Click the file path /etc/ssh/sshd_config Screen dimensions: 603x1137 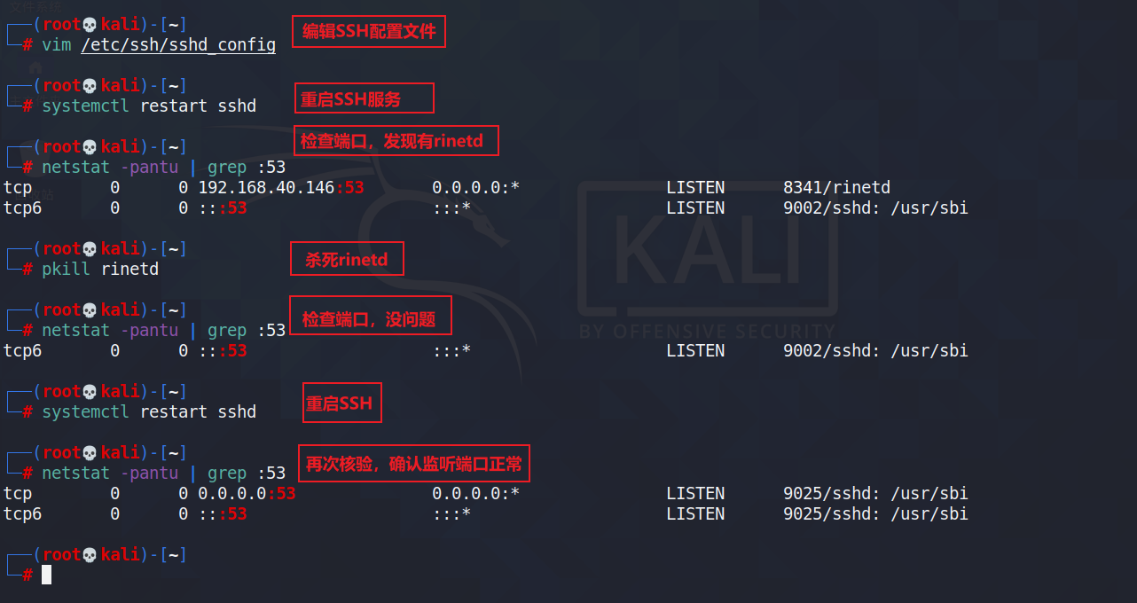coord(177,44)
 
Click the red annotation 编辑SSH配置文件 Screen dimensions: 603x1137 coord(368,32)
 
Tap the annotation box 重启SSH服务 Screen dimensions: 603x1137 coord(364,98)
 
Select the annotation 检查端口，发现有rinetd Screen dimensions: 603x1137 coord(396,140)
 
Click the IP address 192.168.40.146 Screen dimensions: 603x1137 coord(266,187)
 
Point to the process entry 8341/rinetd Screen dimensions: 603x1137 coord(836,187)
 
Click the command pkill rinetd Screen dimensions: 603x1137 coord(100,269)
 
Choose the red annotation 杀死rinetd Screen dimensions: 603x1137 coord(347,261)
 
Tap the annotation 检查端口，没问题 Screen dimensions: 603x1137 coord(370,319)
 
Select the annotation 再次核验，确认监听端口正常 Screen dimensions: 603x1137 coord(413,463)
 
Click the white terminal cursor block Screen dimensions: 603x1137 coord(46,575)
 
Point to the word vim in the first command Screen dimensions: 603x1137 coord(57,44)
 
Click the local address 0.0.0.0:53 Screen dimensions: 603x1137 coord(247,493)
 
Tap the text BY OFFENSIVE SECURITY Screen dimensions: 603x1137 coord(707,331)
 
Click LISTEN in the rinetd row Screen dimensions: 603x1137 coord(695,187)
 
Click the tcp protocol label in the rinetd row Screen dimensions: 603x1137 coord(18,187)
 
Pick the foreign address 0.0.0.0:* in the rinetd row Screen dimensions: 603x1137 coord(475,187)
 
